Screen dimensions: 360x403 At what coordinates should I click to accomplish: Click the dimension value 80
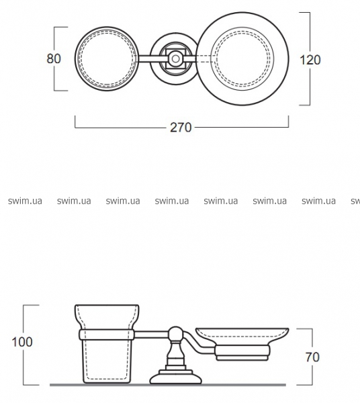click(54, 58)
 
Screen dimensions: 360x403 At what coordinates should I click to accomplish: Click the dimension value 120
click(310, 60)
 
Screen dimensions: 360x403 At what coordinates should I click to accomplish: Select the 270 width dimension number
click(181, 128)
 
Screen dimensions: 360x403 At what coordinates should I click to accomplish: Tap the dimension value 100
click(22, 342)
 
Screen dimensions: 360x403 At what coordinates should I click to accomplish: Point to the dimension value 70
click(312, 357)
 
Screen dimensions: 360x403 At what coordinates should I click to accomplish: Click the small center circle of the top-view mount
click(176, 59)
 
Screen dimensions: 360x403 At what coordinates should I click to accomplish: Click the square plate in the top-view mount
click(176, 59)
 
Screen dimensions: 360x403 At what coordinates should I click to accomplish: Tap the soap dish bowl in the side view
click(242, 336)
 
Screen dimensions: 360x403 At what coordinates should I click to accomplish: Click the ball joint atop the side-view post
click(176, 334)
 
